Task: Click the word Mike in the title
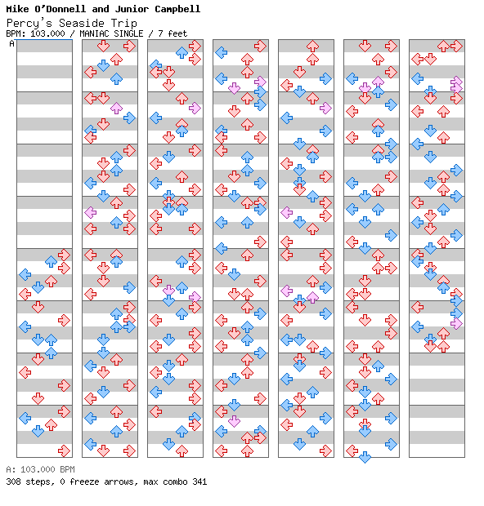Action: tap(17, 9)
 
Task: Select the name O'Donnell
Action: tap(60, 9)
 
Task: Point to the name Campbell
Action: tap(177, 9)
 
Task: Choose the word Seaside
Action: tap(81, 23)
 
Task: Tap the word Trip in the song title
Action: tap(123, 24)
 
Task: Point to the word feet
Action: tap(177, 33)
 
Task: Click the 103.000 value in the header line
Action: tap(47, 33)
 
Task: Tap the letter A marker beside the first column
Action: tap(12, 43)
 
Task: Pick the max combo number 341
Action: tap(199, 482)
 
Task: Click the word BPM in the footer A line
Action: tap(67, 469)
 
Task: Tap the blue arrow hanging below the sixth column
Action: tap(365, 457)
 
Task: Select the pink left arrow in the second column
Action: tap(91, 213)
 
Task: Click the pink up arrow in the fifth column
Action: tap(312, 298)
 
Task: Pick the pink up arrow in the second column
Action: tap(116, 108)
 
